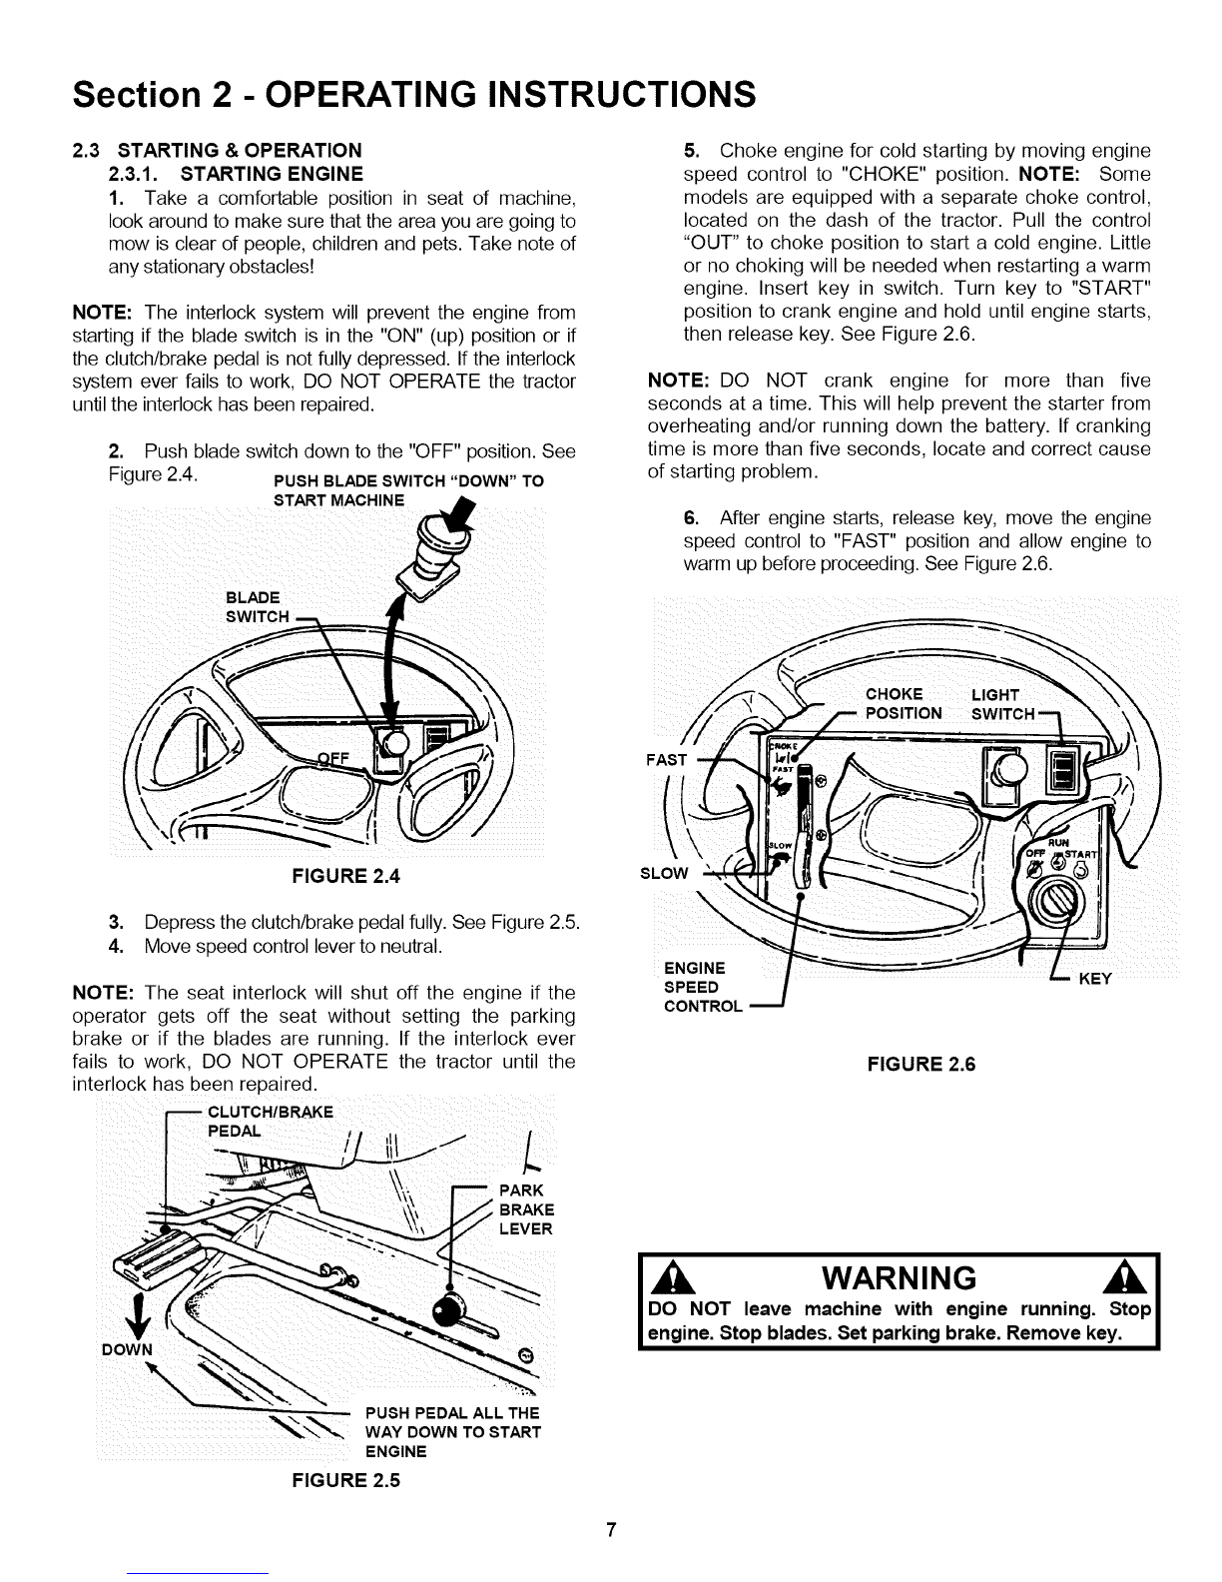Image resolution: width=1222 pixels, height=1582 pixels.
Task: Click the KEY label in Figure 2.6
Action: pyautogui.click(x=1096, y=979)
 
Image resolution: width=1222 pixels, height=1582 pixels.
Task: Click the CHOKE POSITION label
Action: pyautogui.click(x=903, y=704)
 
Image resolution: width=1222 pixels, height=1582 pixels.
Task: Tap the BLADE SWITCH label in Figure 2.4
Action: pyautogui.click(x=258, y=607)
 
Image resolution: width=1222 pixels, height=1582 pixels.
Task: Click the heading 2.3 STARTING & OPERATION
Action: pyautogui.click(x=218, y=151)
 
